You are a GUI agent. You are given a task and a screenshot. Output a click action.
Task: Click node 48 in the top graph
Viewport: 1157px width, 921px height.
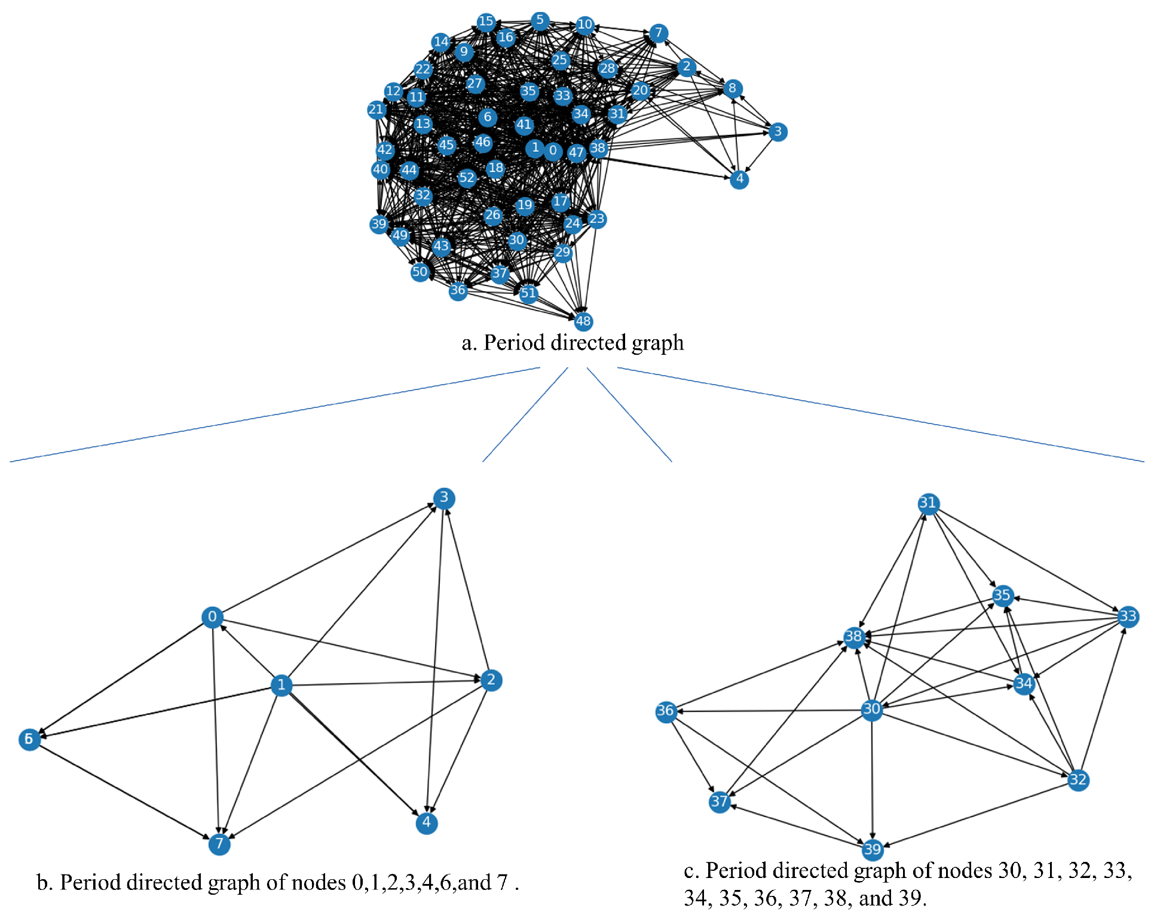(583, 321)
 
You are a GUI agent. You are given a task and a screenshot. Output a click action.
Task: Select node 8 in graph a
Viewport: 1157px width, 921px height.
(733, 88)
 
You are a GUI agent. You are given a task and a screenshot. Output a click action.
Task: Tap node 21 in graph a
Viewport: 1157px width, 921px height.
(376, 109)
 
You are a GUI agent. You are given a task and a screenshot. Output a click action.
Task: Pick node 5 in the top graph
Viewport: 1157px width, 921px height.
(540, 20)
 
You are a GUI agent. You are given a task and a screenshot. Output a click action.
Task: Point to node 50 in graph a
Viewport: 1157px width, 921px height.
(420, 272)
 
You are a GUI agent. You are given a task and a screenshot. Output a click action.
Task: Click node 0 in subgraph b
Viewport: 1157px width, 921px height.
(212, 617)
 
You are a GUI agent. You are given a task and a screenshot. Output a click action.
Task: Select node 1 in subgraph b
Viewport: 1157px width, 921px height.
(281, 685)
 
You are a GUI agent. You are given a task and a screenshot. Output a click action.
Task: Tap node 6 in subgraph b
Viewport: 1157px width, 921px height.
(29, 739)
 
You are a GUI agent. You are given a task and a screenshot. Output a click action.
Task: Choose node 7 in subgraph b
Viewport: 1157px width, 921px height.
(219, 843)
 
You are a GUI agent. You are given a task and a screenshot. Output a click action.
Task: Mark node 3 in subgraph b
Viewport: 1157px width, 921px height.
(444, 498)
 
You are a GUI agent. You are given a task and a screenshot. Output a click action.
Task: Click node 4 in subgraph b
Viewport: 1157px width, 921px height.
(427, 823)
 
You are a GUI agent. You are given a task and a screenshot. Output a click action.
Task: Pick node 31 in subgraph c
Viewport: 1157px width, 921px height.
(928, 504)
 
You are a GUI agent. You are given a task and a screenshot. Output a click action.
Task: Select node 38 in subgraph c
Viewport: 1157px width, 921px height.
(854, 637)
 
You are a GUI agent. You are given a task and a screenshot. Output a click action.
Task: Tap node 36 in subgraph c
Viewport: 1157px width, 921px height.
(666, 711)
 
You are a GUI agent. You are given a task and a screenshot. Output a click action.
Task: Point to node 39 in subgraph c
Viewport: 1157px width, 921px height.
(873, 849)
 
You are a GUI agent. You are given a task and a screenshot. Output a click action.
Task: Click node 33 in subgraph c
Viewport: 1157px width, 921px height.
(1128, 616)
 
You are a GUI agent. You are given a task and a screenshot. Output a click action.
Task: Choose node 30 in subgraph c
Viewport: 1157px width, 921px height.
(872, 710)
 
